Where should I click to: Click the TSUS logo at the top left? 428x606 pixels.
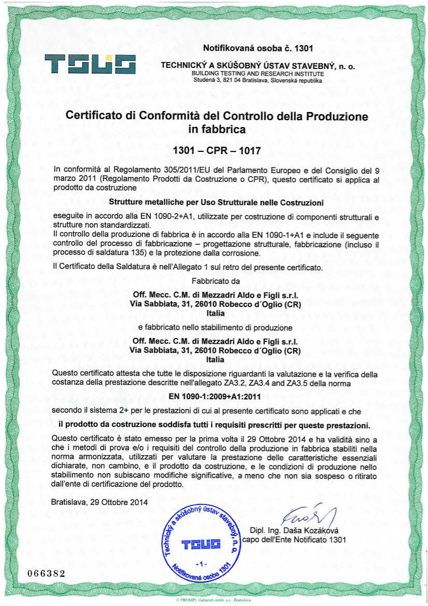coord(90,64)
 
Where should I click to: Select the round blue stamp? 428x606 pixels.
coord(201,543)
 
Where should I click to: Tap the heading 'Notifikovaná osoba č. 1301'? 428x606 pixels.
coord(258,49)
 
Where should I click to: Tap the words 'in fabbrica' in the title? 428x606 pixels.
coord(217,129)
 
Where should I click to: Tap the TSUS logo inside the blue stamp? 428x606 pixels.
coord(201,544)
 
